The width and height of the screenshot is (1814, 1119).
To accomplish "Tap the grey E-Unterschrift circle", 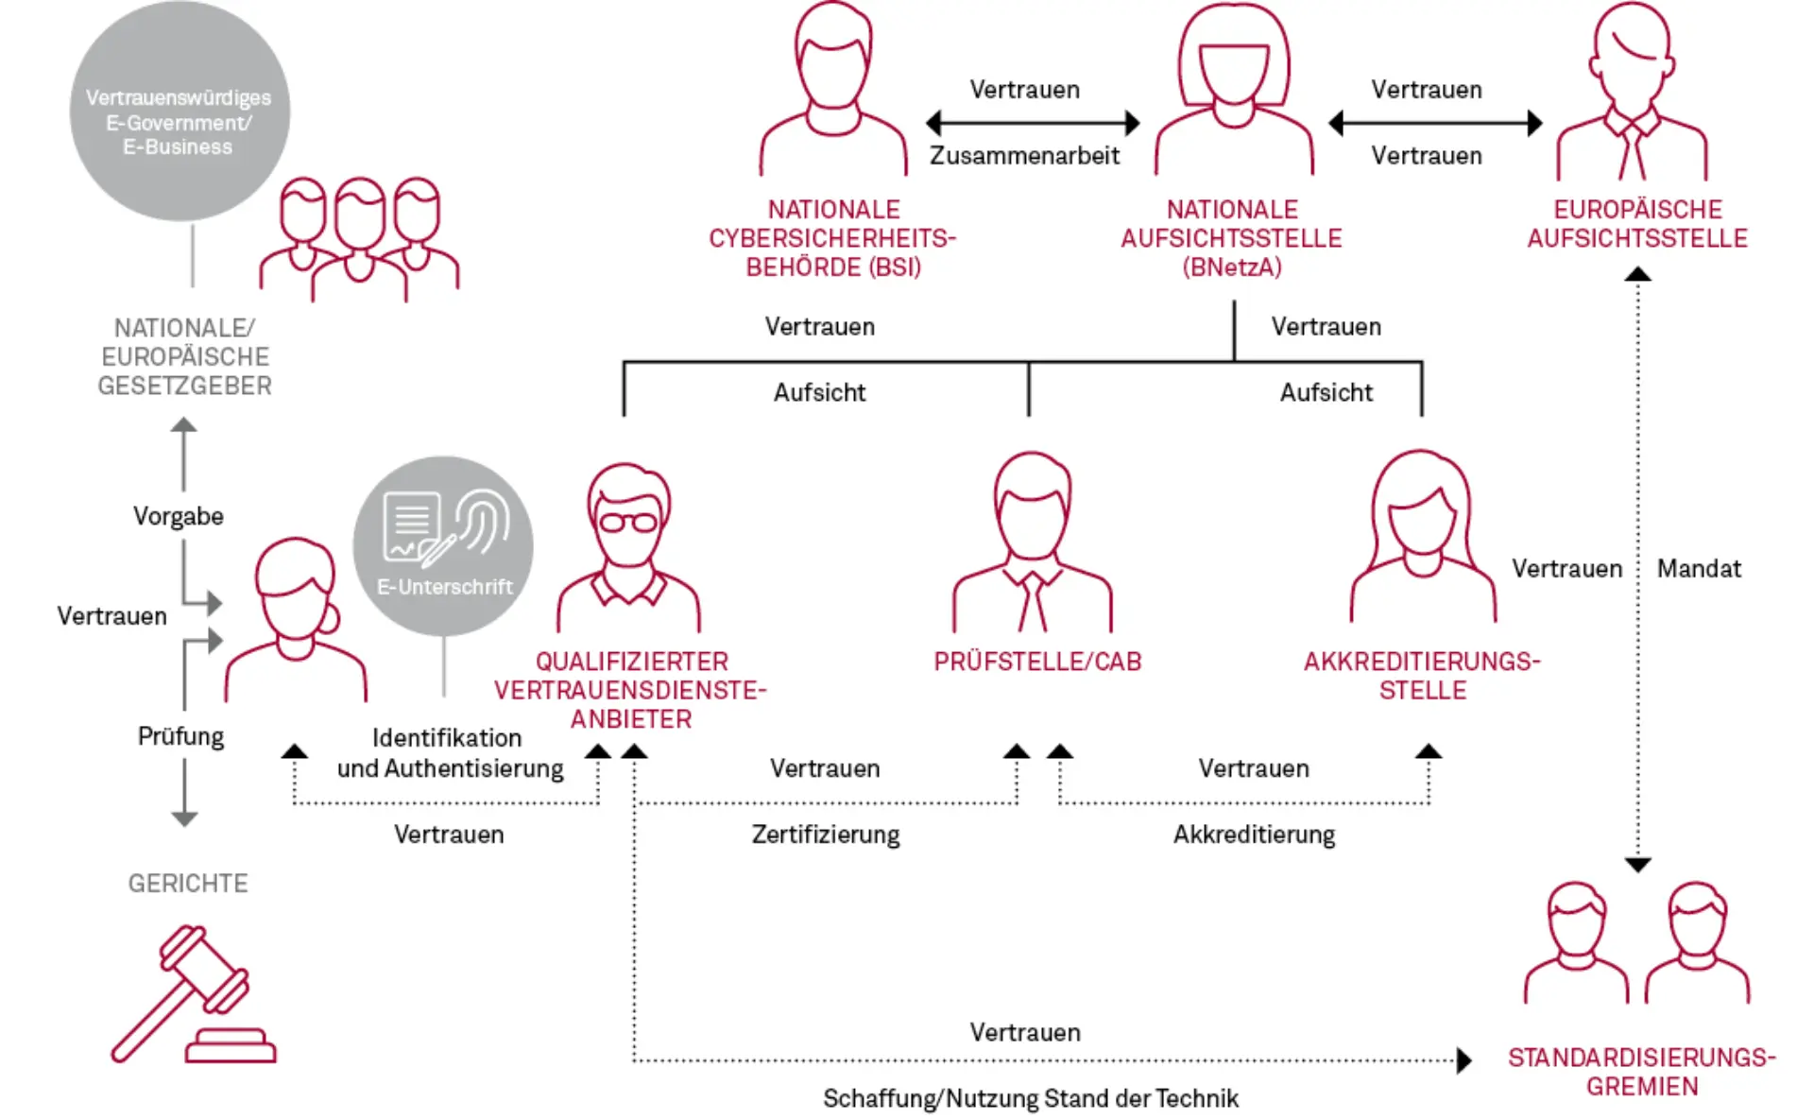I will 443,545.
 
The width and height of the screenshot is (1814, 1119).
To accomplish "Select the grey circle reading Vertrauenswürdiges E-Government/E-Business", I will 179,112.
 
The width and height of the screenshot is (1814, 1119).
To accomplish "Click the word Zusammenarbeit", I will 1024,156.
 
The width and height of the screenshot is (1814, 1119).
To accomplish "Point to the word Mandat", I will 1699,569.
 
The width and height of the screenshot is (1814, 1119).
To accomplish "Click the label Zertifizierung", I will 826,835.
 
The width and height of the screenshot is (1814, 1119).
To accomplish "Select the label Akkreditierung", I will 1254,835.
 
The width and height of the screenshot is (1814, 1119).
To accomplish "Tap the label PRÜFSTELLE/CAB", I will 1037,662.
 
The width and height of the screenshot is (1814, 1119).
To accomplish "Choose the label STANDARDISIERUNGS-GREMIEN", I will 1642,1072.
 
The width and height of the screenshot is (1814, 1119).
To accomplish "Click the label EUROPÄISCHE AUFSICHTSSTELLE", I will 1637,224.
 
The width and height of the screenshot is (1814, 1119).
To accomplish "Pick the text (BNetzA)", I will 1232,267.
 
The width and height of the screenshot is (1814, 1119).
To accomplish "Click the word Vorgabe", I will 179,517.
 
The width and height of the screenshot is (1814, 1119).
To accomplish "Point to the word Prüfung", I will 181,736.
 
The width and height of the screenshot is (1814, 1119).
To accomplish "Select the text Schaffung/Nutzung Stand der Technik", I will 1030,1098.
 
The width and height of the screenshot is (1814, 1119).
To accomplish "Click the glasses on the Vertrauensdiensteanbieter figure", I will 628,522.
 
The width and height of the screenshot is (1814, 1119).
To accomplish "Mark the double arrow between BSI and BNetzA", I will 1033,123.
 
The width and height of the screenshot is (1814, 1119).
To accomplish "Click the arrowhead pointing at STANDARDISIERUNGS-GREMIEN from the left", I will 1463,1060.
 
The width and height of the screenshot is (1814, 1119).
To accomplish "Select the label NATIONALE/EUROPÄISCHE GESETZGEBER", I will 185,357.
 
